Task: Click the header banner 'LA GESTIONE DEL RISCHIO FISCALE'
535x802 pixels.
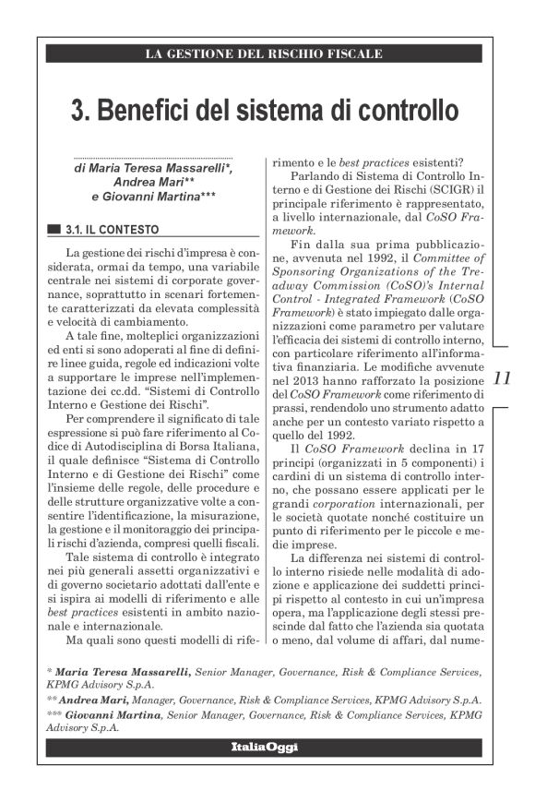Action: pyautogui.click(x=264, y=54)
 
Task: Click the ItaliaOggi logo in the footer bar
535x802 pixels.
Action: pyautogui.click(x=264, y=745)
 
